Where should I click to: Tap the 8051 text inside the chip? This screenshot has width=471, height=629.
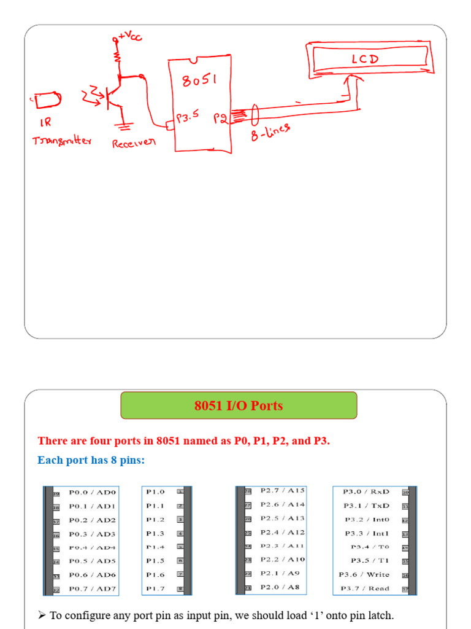pyautogui.click(x=200, y=80)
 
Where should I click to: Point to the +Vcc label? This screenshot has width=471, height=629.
pyautogui.click(x=129, y=37)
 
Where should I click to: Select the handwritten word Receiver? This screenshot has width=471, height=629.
pyautogui.click(x=134, y=143)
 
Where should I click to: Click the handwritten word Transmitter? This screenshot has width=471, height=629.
pyautogui.click(x=62, y=141)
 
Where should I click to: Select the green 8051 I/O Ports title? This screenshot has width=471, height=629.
pyautogui.click(x=239, y=405)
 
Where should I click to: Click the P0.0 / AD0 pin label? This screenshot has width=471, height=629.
pyautogui.click(x=92, y=492)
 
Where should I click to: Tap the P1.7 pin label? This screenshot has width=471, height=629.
pyautogui.click(x=155, y=588)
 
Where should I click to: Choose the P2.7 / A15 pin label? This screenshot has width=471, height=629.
pyautogui.click(x=282, y=490)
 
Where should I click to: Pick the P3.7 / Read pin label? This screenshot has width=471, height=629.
pyautogui.click(x=366, y=588)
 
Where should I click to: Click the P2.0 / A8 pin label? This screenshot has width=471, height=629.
pyautogui.click(x=280, y=587)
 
